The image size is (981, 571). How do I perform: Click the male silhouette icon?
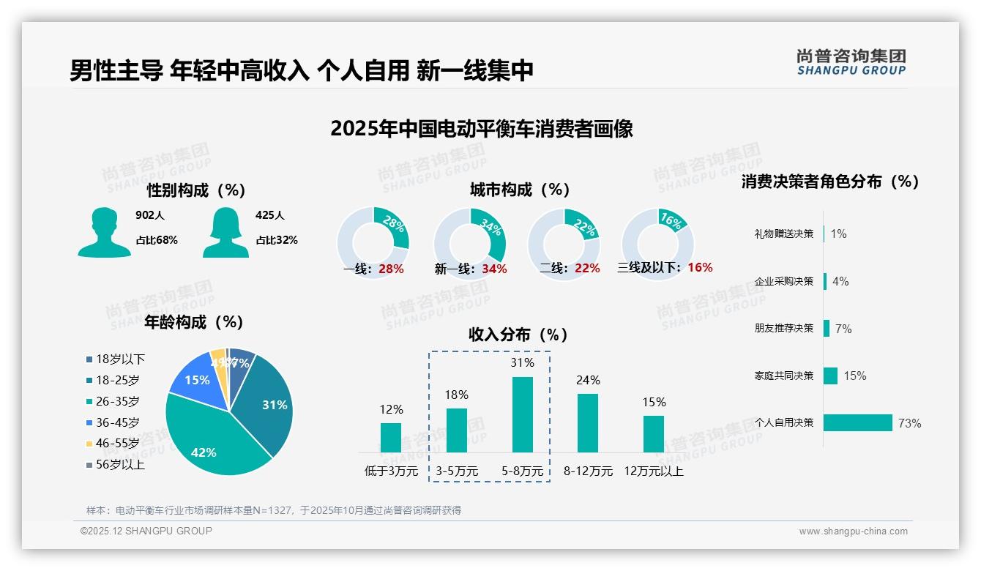click(104, 232)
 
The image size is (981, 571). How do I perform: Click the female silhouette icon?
click(225, 232)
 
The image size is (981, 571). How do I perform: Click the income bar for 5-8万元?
click(523, 414)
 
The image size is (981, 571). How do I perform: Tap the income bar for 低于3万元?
click(391, 437)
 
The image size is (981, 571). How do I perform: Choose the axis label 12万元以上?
click(654, 471)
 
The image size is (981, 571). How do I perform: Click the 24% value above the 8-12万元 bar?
click(588, 380)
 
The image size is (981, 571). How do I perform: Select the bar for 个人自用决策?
click(857, 422)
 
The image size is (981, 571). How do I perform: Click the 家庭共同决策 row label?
click(783, 376)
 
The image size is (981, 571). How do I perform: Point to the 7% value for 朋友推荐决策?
click(843, 329)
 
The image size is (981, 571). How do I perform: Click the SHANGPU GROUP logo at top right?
click(851, 62)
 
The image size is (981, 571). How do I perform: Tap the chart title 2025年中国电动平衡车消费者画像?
click(481, 129)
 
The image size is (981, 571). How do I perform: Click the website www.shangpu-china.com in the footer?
click(853, 531)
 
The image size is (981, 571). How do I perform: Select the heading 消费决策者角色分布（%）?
click(829, 182)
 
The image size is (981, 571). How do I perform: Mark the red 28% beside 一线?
click(391, 269)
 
